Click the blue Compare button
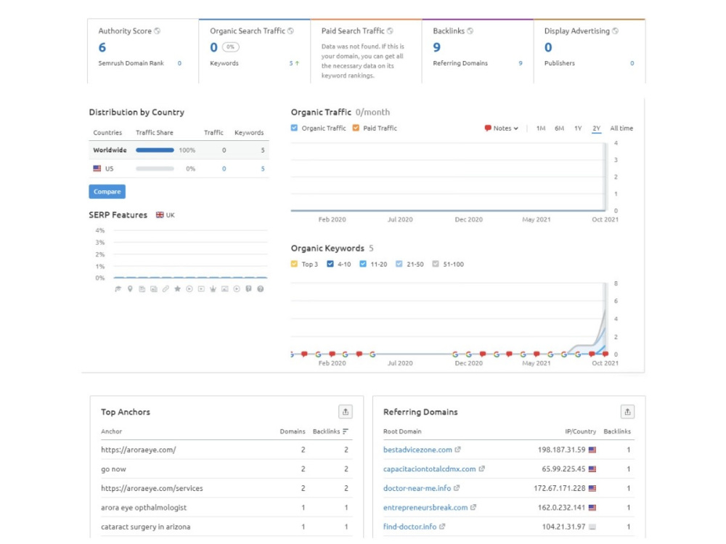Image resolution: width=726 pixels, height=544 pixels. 107,191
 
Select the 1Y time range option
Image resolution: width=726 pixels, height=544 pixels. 578,129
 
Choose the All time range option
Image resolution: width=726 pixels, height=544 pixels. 621,129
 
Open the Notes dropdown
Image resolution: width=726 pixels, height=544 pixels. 502,129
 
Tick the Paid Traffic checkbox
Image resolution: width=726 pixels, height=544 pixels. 356,128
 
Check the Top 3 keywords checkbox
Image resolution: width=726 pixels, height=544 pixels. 294,264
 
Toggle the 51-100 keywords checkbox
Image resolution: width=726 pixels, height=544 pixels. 435,264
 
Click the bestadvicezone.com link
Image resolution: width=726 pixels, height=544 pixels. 417,450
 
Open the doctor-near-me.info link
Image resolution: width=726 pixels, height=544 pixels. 417,488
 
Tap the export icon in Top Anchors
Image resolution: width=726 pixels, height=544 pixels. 346,412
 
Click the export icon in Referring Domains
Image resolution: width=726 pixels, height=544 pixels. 627,412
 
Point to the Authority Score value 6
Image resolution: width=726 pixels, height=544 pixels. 102,47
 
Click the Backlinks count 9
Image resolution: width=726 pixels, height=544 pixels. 436,47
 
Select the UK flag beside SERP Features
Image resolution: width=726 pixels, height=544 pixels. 160,215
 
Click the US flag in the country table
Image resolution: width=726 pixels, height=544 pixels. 97,169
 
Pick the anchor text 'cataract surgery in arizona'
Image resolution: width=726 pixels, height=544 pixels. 146,527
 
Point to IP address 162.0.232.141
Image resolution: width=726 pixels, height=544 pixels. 561,508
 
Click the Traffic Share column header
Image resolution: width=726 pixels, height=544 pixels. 154,132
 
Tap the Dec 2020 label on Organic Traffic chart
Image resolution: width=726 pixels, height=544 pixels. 468,219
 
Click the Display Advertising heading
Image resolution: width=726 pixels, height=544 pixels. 577,31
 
